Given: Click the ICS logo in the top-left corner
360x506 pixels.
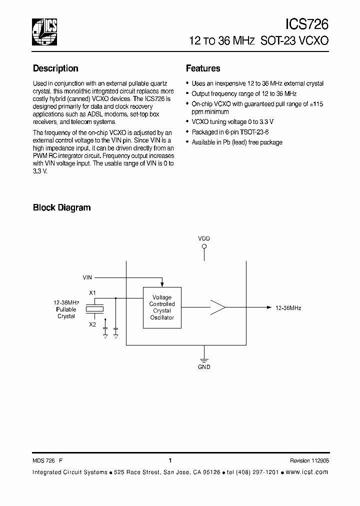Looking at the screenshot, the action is point(44,31).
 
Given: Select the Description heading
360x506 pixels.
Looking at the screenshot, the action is point(55,68).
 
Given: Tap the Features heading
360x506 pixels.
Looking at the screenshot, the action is point(203,68).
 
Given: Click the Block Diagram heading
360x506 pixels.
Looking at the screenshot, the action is point(61,207).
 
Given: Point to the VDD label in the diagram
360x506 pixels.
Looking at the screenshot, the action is point(204,238).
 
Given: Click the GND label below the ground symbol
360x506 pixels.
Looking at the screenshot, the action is point(204,366).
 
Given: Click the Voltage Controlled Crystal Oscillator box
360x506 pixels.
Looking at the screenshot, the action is point(162,307).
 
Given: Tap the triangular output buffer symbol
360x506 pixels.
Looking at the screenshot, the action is point(217,308).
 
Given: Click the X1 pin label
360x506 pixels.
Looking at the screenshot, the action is point(92,292).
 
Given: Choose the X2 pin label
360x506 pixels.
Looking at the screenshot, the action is point(92,324).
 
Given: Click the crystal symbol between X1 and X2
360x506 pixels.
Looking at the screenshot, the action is point(94,308).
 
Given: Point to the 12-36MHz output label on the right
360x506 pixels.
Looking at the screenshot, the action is point(288,308).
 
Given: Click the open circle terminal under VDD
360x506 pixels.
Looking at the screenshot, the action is point(204,246).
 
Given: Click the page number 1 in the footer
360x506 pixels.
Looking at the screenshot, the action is point(170,460).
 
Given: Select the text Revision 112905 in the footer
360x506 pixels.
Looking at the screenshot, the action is point(309,461).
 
